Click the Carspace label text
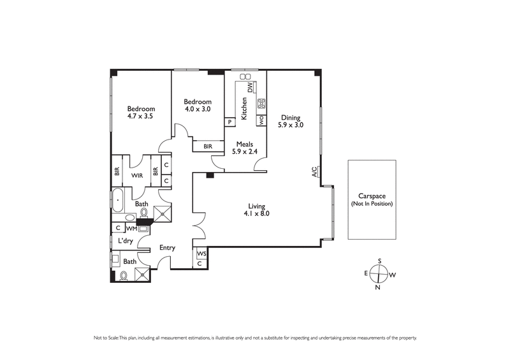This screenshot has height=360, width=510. pos(371,197)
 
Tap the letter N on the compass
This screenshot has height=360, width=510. pos(379,287)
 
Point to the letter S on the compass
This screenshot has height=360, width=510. pos(379,261)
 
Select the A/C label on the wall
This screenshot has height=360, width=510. pos(314,171)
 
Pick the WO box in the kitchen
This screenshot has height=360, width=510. pos(261,119)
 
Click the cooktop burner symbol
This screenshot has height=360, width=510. pos(261,103)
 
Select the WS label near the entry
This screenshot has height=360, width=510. pos(200,253)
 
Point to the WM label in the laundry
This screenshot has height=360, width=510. pos(131,228)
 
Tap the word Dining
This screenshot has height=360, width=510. pos(290,117)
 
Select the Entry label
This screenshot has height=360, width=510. pos(167,248)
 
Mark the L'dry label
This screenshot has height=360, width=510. pos(125,241)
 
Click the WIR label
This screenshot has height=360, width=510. pos(136,175)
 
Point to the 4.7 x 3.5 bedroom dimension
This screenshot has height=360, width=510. pos(141,117)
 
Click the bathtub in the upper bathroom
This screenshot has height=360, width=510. pos(119,200)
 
